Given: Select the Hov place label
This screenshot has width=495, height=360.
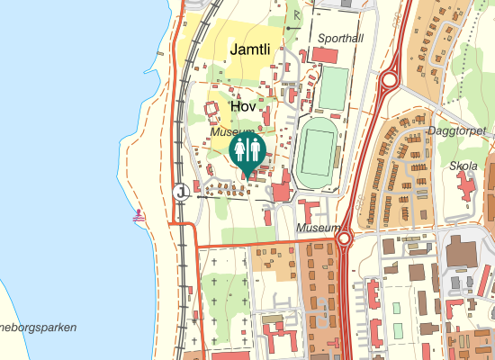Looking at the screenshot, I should [x=244, y=106].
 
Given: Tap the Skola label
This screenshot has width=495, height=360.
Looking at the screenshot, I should [x=463, y=166].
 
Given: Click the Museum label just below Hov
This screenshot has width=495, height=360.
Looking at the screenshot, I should [x=227, y=132].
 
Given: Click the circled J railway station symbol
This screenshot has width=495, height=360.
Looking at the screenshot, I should [x=182, y=192].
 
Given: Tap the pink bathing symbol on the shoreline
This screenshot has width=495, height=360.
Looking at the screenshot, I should [x=139, y=216].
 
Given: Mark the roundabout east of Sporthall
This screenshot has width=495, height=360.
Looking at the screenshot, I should [x=389, y=80].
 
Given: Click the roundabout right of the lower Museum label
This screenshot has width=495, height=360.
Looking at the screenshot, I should [x=344, y=238].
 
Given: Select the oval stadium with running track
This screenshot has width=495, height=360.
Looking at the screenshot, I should [x=316, y=151].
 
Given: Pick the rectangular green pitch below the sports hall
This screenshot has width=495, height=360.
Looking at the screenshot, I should [x=333, y=87].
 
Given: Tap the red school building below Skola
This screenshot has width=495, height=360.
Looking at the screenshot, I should [x=466, y=187].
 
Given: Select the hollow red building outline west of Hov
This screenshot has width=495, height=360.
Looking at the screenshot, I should [x=213, y=112].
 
